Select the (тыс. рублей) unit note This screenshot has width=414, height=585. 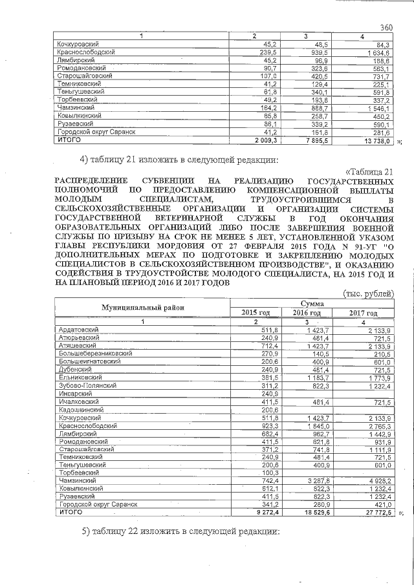point(369,294)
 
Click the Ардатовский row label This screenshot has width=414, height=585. point(76,330)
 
